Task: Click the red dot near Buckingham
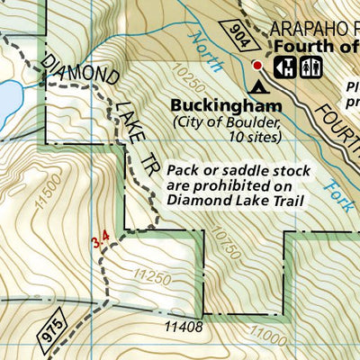pyautogui.click(x=256, y=65)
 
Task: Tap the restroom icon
pyautogui.click(x=310, y=65)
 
